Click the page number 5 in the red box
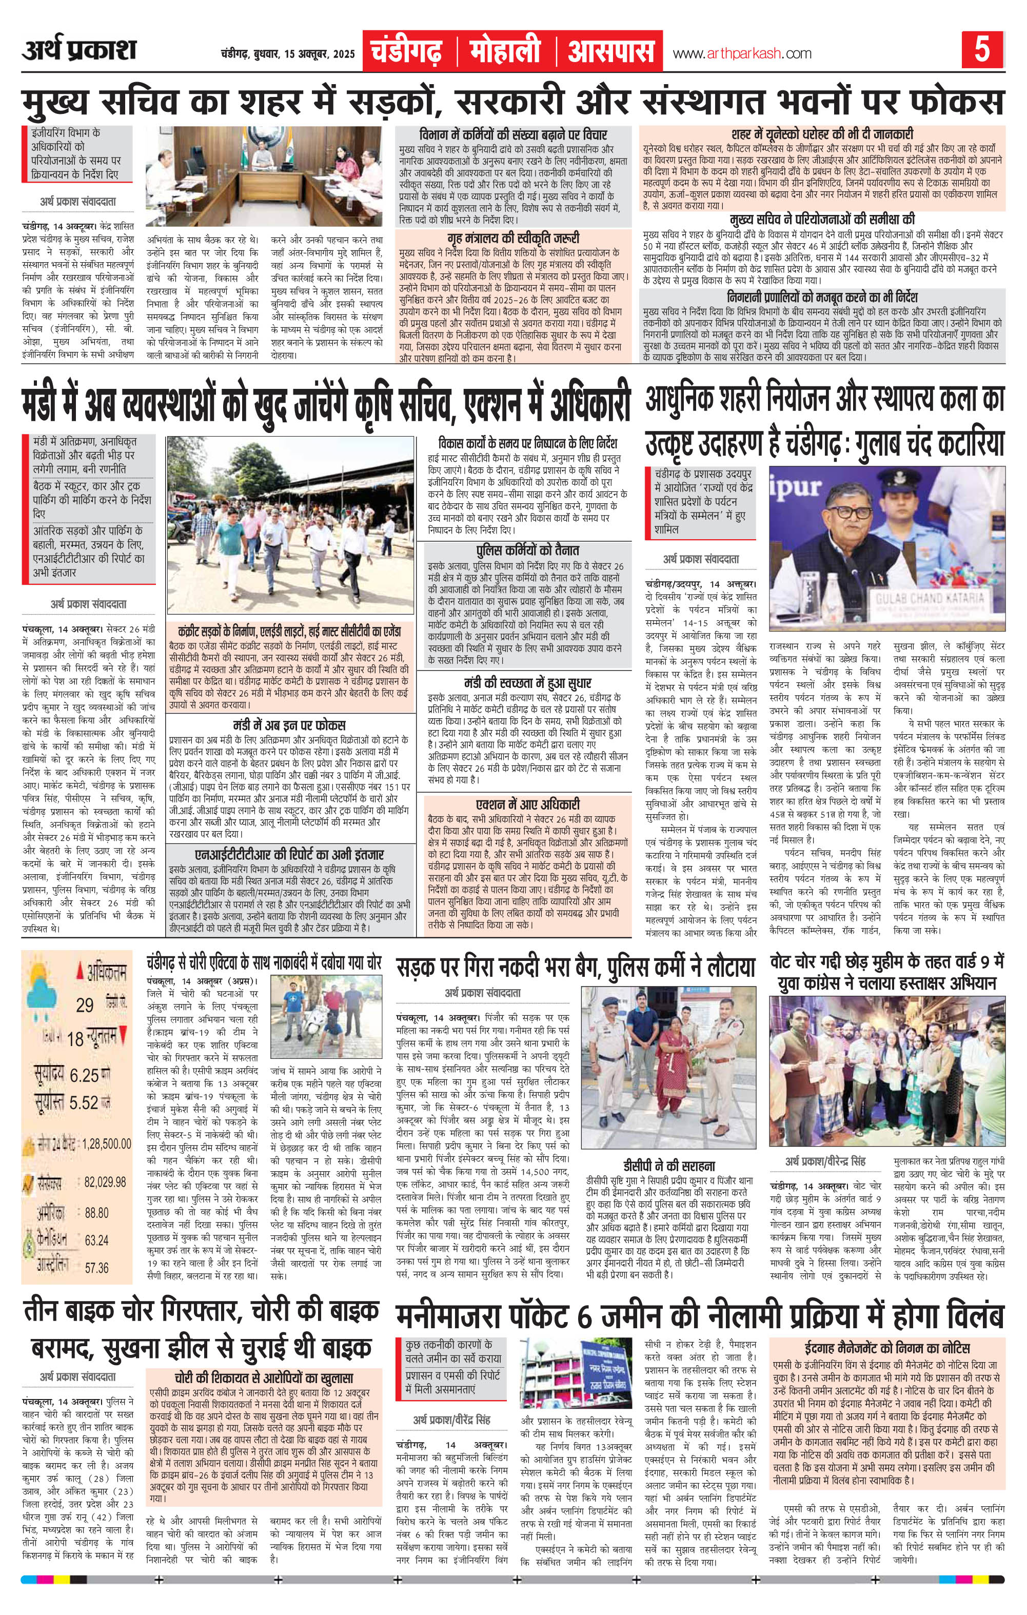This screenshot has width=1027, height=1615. pos(982,51)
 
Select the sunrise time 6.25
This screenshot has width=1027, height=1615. pos(85,1075)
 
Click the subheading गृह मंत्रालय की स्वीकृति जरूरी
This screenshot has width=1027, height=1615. pos(512,238)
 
